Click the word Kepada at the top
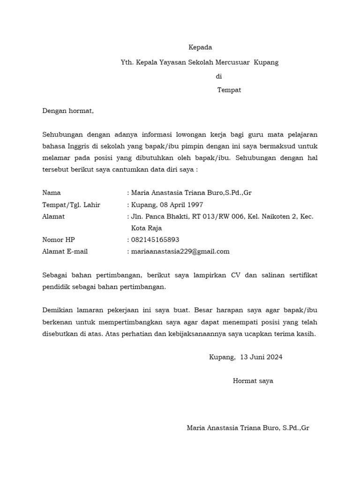tap(200, 47)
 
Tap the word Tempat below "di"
tap(229, 90)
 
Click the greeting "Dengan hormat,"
tap(68, 111)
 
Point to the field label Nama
tap(52, 193)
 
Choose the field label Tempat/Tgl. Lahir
tap(71, 205)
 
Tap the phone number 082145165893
tap(155, 240)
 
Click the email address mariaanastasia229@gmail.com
tap(180, 251)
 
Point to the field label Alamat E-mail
tap(65, 251)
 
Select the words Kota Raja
tap(146, 228)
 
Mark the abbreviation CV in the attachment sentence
tap(235, 275)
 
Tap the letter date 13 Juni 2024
tap(261, 357)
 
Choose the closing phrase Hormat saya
tap(253, 381)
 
